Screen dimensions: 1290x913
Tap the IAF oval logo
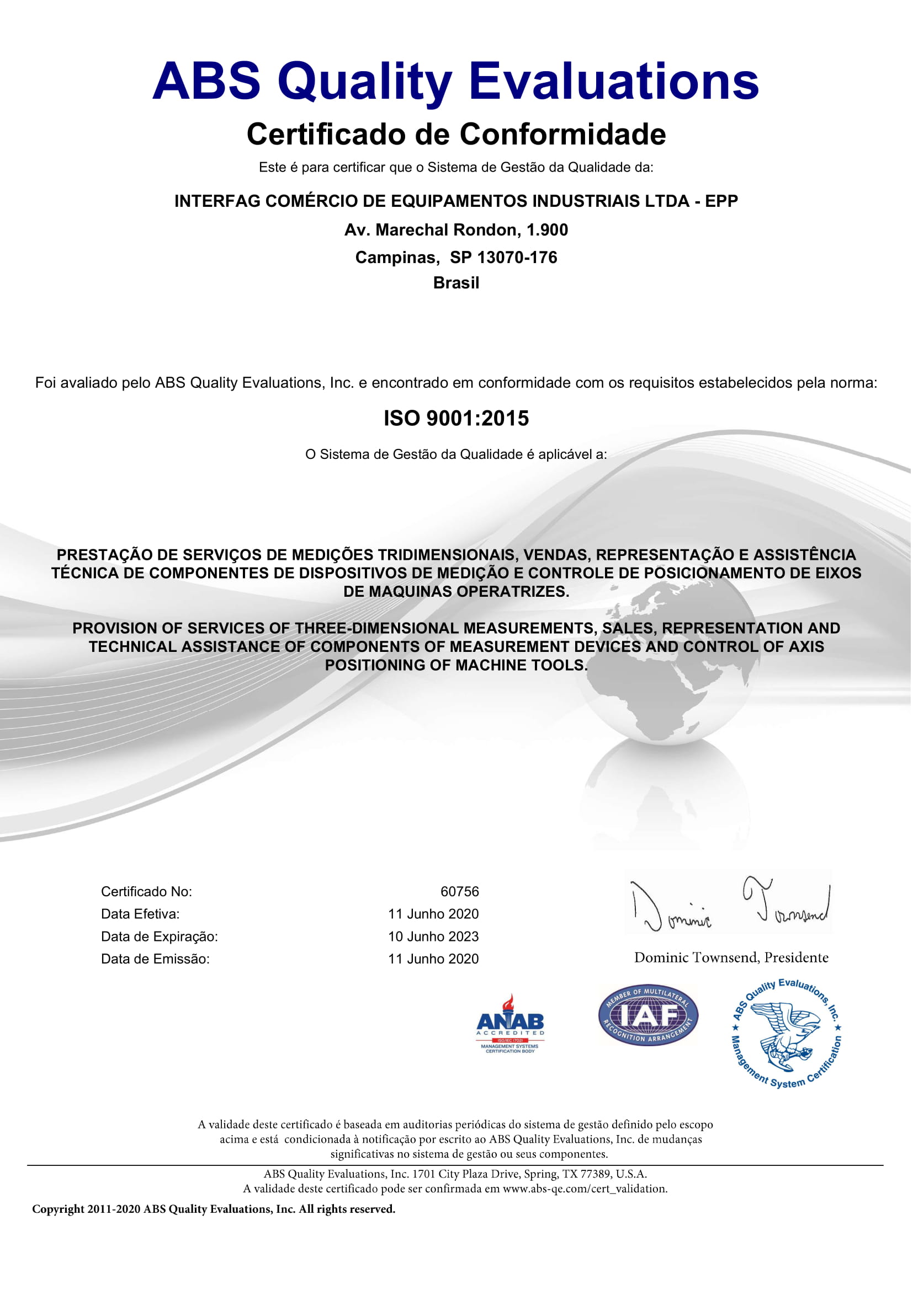coord(648,1016)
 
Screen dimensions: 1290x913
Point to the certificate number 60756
coord(459,892)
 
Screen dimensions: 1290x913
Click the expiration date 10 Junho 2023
coord(433,936)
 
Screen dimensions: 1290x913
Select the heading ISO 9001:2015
coord(456,419)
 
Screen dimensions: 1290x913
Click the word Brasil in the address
coord(456,282)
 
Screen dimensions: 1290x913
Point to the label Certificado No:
coord(146,892)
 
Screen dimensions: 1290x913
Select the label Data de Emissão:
coord(155,959)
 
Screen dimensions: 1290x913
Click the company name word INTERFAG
coord(216,201)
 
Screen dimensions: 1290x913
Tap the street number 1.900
coord(547,230)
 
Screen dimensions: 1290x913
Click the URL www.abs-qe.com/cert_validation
coord(584,1189)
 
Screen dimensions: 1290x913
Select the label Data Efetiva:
coord(140,914)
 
